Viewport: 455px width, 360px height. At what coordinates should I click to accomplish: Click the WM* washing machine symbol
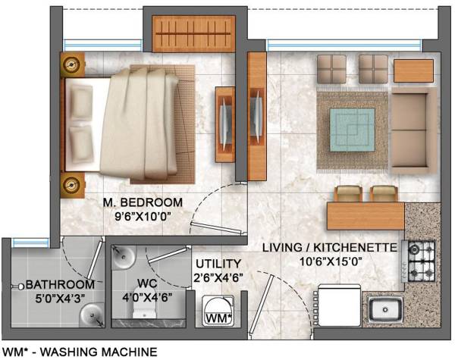(220, 315)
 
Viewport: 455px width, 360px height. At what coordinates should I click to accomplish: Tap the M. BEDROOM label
(143, 202)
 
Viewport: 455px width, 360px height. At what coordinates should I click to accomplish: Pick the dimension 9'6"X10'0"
(143, 217)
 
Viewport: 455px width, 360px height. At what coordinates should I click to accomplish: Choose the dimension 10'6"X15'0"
(327, 261)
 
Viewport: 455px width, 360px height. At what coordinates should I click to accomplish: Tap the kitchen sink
(387, 309)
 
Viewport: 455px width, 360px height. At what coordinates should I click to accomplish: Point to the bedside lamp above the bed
(73, 65)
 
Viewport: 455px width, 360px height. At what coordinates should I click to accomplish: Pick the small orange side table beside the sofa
(413, 70)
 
